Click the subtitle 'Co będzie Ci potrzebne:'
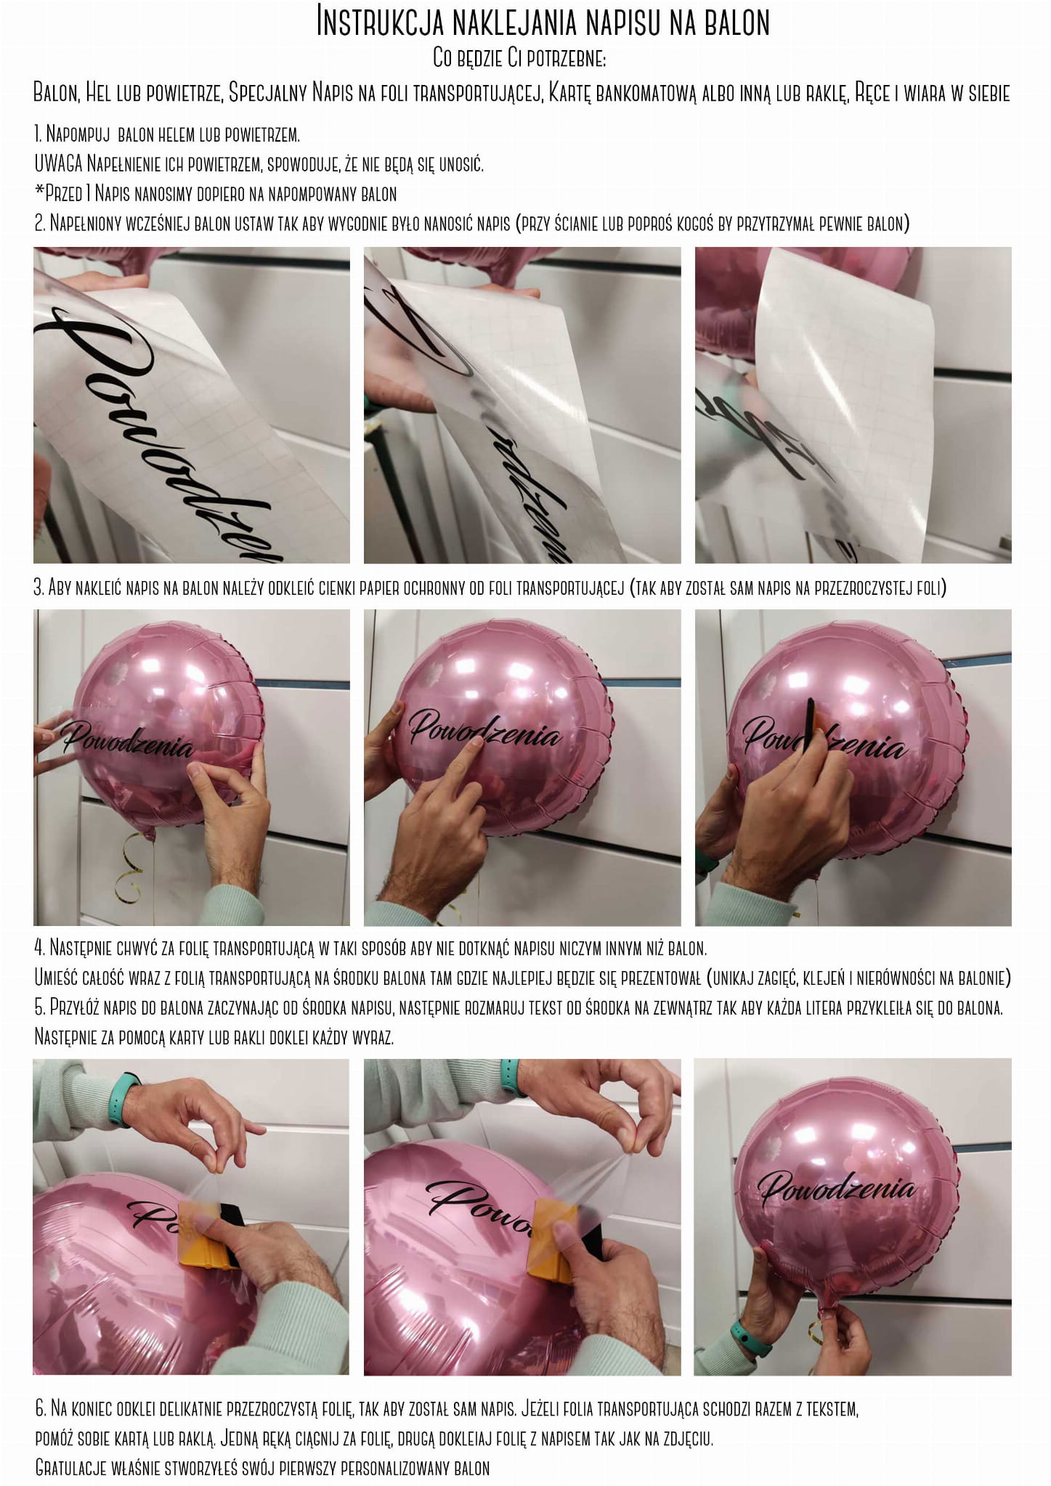(x=524, y=58)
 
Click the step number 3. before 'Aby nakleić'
(x=40, y=588)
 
